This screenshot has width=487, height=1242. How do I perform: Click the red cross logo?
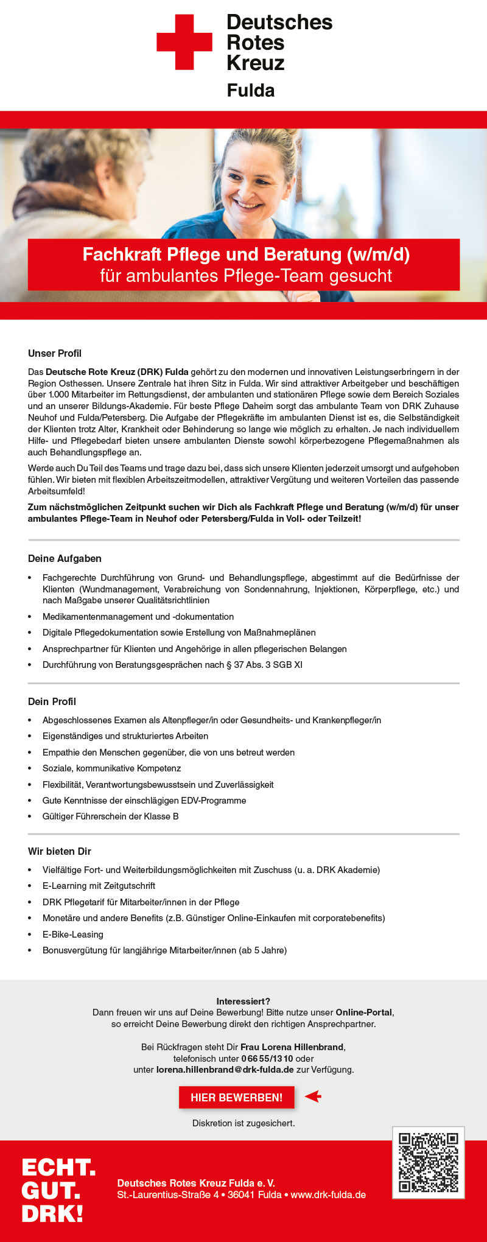point(184,42)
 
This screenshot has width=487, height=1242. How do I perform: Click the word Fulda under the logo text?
point(250,91)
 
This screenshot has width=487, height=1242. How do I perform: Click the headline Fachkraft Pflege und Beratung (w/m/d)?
point(246,254)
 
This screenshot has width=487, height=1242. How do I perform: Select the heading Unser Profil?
point(55,354)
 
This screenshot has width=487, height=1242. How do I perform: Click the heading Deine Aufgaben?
point(65,559)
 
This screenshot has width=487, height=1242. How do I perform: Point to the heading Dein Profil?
point(52,701)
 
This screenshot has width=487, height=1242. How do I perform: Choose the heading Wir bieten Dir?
point(60,851)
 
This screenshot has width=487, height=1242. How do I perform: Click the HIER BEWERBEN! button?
point(236,1097)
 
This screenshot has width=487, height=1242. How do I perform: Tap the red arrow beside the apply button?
point(313,1096)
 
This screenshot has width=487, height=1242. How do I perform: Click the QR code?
point(428,1162)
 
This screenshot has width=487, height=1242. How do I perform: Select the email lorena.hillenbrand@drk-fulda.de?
point(225,1069)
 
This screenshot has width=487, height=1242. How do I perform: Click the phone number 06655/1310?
point(267,1058)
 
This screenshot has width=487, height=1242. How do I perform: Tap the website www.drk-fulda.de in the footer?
point(328,1195)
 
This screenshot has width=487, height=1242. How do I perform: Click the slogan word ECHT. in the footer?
point(58,1168)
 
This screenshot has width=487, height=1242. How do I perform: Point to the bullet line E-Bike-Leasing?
point(73,934)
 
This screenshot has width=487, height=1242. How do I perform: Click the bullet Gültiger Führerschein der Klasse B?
point(110,816)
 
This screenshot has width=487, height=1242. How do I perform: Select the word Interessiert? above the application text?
point(243,1001)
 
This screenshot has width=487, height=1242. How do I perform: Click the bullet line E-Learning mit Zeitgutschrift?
point(99,886)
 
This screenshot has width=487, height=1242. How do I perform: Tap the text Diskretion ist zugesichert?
point(243,1123)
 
